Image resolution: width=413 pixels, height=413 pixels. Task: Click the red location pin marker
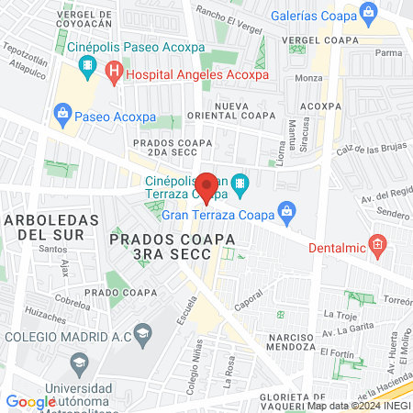click(x=207, y=186)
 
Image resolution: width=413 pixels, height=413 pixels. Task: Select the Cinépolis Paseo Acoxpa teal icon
click(x=88, y=64)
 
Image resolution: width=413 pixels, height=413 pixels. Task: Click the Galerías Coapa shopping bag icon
click(x=369, y=12)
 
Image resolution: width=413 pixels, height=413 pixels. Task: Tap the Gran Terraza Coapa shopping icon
click(x=286, y=212)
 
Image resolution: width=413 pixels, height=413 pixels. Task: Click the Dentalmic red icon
click(x=375, y=244)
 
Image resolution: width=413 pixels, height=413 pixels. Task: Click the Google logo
click(x=30, y=401)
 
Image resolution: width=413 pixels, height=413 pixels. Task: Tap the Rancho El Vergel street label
click(x=229, y=15)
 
